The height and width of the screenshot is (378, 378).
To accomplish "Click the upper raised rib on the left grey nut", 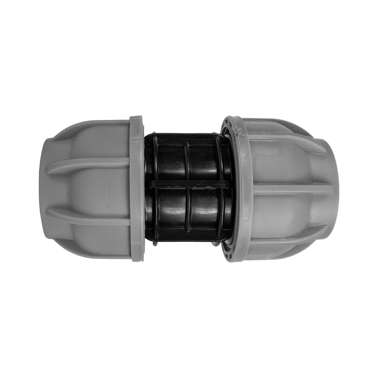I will pos(90,164).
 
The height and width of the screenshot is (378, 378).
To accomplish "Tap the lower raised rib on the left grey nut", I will pos(90,217).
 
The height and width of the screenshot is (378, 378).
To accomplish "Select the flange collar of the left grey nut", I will pos(137,189).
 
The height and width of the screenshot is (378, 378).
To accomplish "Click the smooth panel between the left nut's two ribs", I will pos(90,190).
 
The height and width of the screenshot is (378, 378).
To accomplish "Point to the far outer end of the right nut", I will pos(335,189).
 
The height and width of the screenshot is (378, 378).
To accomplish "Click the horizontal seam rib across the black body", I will pos(189,183).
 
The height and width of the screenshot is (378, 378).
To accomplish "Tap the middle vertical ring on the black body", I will pos(188,189).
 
